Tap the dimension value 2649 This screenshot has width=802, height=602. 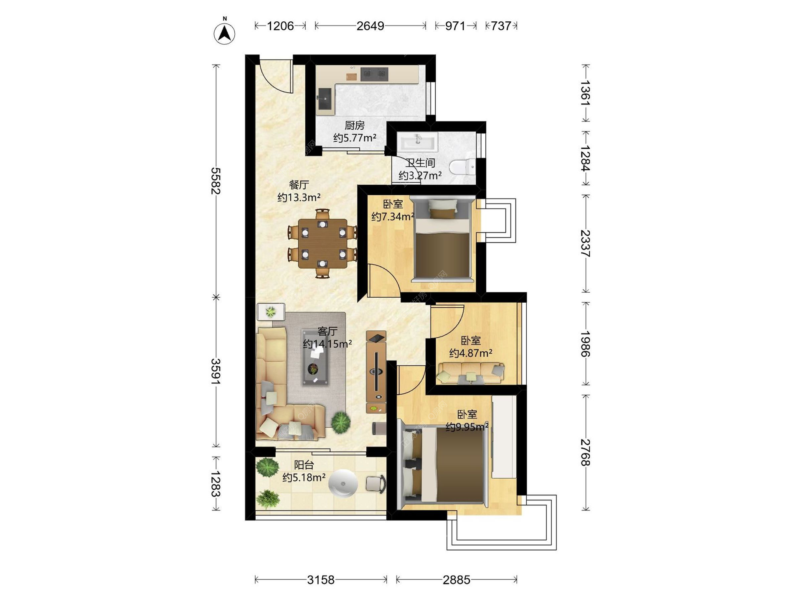tap(370, 26)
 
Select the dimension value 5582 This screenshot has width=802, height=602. tap(216, 181)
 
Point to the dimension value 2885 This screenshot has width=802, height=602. tap(457, 580)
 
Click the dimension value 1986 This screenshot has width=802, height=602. tap(585, 344)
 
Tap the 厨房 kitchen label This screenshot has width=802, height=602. tap(355, 125)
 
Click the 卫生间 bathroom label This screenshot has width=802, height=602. tap(420, 163)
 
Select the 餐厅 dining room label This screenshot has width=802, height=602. tap(299, 184)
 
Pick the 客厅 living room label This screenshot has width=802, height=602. tap(327, 331)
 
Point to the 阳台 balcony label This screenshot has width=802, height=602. tap(304, 464)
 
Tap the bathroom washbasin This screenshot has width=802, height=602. tap(417, 142)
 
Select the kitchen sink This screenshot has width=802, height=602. tap(325, 99)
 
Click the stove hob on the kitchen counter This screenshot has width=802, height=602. tap(374, 74)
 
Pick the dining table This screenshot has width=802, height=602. tap(322, 244)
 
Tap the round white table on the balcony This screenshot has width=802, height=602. tap(343, 483)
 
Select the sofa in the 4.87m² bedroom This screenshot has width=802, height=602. tap(471, 373)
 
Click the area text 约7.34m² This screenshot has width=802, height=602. tap(393, 217)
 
